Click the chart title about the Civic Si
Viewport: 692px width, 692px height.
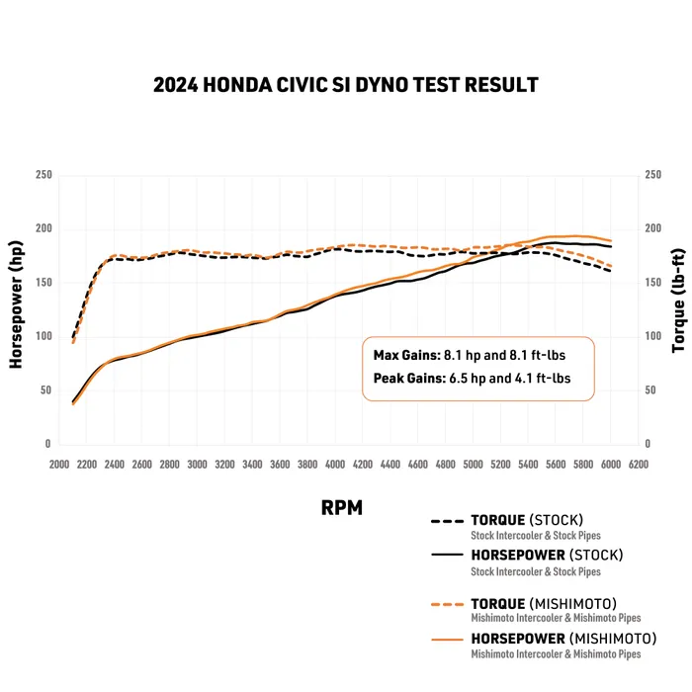coord(346,85)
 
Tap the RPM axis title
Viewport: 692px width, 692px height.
coord(341,508)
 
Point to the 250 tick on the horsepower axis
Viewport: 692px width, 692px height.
coord(43,176)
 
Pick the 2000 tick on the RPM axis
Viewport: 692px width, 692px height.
coord(58,464)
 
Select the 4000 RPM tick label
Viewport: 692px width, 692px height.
coord(335,464)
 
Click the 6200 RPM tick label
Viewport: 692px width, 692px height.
coord(640,464)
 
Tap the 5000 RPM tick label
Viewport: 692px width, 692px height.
coord(474,464)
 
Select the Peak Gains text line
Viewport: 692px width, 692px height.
coord(471,378)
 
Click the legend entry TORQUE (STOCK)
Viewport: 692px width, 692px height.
coord(527,520)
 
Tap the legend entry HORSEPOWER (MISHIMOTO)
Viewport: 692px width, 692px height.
coord(563,638)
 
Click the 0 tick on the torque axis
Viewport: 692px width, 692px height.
coord(648,445)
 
